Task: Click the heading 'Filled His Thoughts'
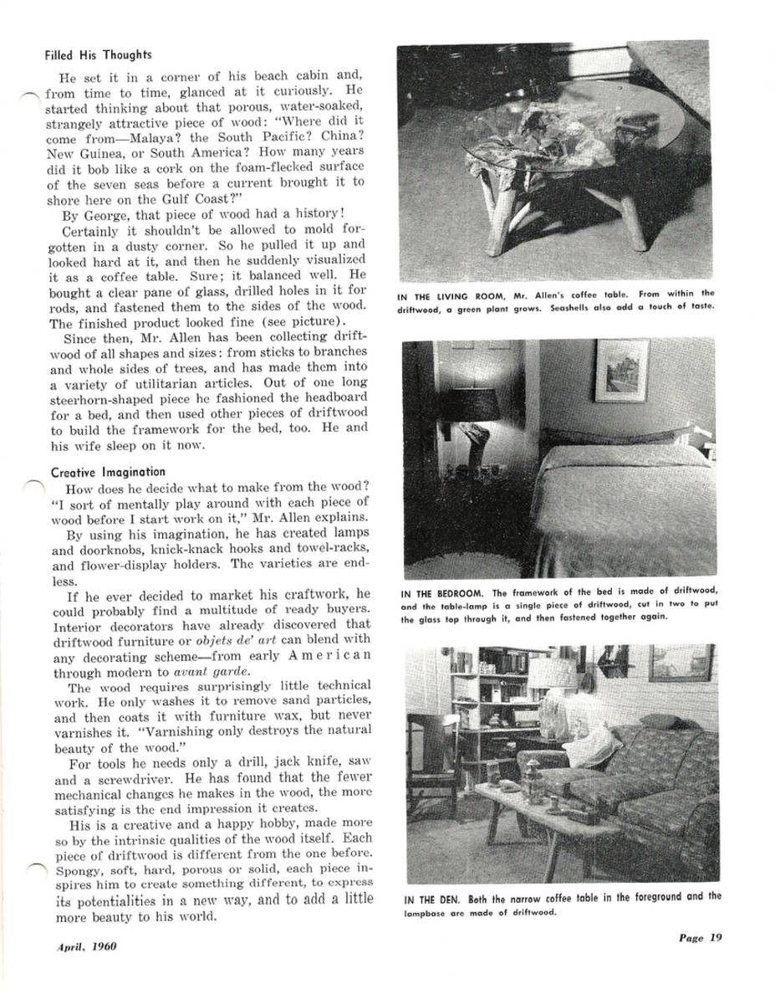[x=98, y=55]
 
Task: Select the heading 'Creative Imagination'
[x=108, y=472]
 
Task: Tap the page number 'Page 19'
[x=700, y=938]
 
